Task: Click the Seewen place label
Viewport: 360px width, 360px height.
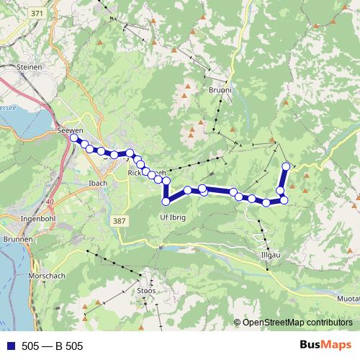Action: click(x=70, y=130)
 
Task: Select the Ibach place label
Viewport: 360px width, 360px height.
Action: click(x=98, y=183)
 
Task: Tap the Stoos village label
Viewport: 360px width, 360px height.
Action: click(x=146, y=290)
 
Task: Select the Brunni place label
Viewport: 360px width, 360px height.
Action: click(x=220, y=91)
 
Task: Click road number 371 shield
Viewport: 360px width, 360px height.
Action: click(x=38, y=14)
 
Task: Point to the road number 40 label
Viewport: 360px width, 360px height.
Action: click(x=49, y=202)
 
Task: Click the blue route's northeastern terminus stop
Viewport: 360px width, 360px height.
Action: click(x=286, y=167)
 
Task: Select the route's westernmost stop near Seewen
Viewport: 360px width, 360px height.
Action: click(x=74, y=137)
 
